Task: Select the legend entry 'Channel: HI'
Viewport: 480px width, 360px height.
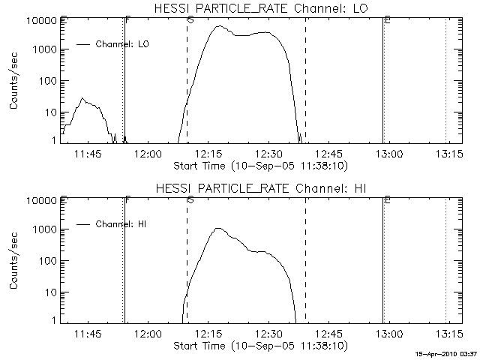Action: (120, 223)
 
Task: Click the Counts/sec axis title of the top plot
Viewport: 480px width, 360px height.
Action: (15, 80)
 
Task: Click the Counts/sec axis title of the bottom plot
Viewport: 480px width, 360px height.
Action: (15, 259)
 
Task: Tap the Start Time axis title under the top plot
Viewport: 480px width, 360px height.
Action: (259, 165)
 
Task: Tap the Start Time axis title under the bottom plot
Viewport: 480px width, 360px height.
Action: (259, 345)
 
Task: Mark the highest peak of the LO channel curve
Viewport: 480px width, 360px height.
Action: (219, 26)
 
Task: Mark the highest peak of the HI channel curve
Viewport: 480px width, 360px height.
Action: (217, 229)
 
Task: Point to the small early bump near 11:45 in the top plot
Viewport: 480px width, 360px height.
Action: (82, 98)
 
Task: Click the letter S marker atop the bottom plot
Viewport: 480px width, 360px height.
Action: (190, 199)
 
